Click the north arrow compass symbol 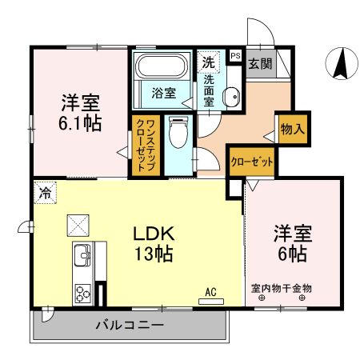342,63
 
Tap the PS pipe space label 235,56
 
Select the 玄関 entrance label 258,63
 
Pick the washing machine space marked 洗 208,62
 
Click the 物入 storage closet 291,128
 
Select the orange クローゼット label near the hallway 252,162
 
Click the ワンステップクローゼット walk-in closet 146,145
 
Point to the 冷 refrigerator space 46,192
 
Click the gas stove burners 83,290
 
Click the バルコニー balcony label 130,326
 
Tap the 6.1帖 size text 78,123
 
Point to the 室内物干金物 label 281,287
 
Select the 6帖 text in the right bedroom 293,254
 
